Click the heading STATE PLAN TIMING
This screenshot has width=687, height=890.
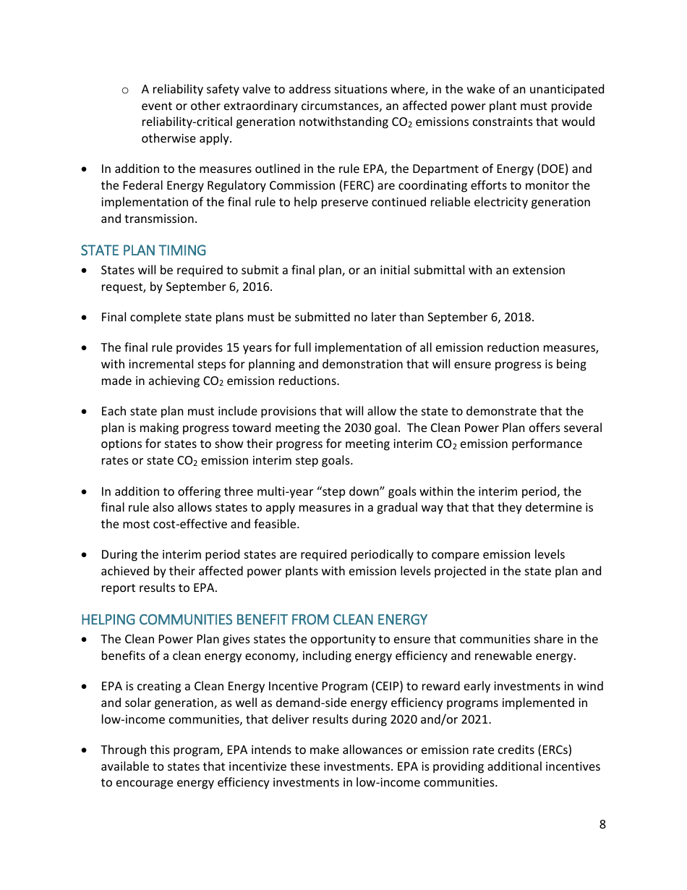(x=143, y=250)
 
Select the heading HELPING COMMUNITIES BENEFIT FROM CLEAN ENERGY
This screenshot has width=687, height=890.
(x=254, y=619)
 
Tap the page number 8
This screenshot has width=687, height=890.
(x=602, y=824)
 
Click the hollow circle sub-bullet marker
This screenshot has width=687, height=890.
(x=125, y=90)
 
